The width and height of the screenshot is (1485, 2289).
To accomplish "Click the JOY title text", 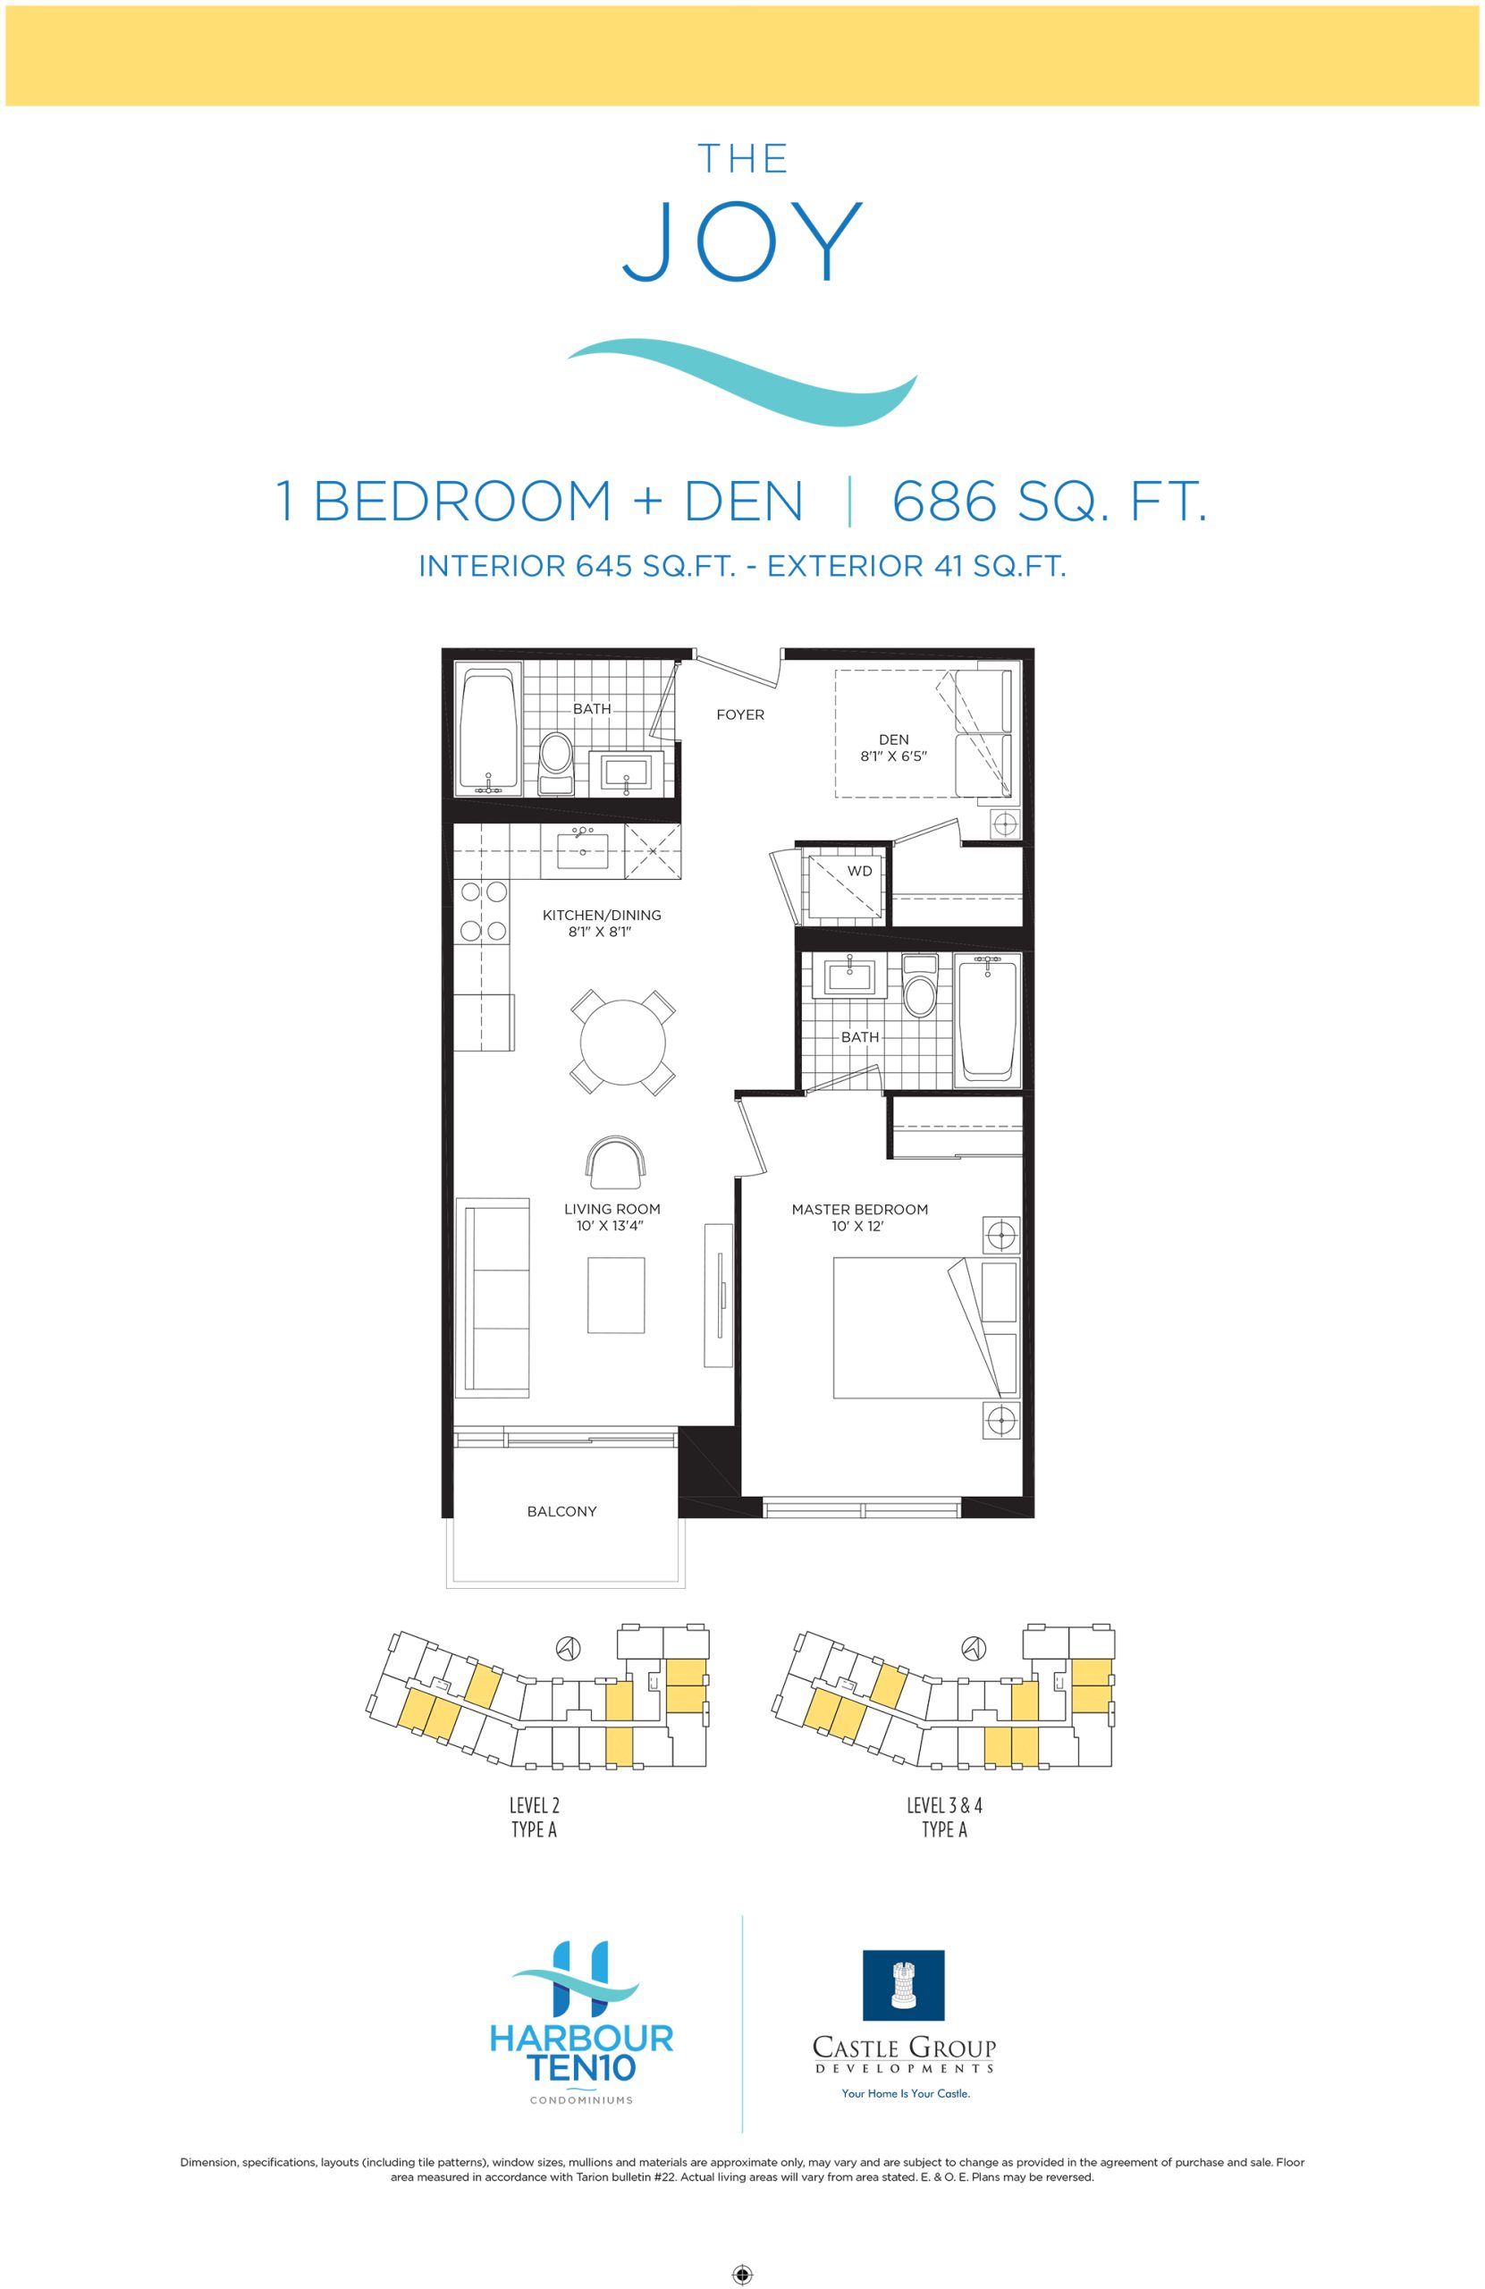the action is pyautogui.click(x=741, y=241).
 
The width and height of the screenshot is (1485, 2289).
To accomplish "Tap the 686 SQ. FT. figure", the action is pyautogui.click(x=1050, y=501).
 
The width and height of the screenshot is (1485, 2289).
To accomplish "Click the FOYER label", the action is pyautogui.click(x=740, y=714).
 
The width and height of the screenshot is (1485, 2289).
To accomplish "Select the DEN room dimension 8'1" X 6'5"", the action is pyautogui.click(x=893, y=756).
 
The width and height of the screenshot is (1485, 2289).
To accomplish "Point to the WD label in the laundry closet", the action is pyautogui.click(x=860, y=872).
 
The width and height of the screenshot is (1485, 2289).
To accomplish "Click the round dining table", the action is pyautogui.click(x=623, y=1042).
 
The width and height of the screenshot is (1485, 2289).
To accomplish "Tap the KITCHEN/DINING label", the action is pyautogui.click(x=602, y=915).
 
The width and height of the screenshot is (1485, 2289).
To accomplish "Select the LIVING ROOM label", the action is pyautogui.click(x=612, y=1209).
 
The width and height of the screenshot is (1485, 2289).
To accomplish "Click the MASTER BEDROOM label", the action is pyautogui.click(x=860, y=1209).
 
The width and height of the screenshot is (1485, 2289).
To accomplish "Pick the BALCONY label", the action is pyautogui.click(x=561, y=1511).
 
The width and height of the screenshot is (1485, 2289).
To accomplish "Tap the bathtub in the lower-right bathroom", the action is pyautogui.click(x=988, y=1020).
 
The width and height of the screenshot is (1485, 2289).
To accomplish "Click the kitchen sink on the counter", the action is pyautogui.click(x=582, y=850).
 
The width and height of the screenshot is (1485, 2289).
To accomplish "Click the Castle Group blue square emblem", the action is pyautogui.click(x=903, y=1985).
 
